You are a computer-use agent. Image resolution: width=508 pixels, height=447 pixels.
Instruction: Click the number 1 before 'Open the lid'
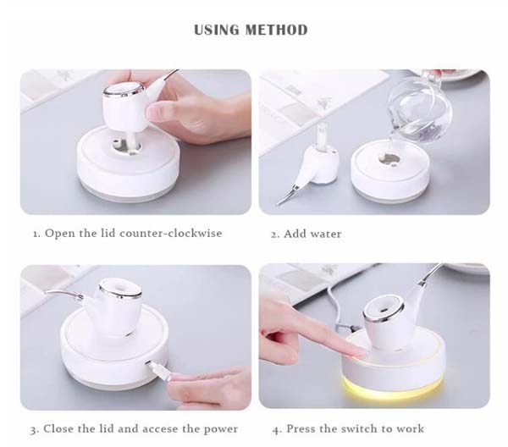[36, 233]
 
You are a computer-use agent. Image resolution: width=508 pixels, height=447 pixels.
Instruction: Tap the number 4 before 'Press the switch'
[276, 428]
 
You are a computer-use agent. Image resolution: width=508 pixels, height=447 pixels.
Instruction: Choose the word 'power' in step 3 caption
[219, 428]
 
